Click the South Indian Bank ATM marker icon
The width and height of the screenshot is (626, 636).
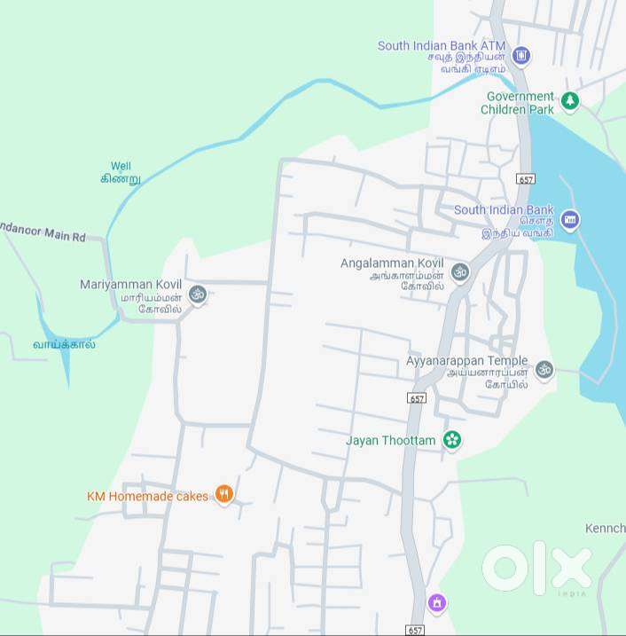click(521, 56)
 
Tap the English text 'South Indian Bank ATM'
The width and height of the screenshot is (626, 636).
click(441, 45)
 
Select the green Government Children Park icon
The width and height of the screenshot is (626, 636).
click(570, 102)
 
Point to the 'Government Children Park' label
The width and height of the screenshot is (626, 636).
click(519, 103)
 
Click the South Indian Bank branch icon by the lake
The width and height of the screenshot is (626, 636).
click(569, 220)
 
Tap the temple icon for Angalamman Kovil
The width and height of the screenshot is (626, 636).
click(459, 271)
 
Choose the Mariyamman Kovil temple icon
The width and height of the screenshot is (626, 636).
click(198, 294)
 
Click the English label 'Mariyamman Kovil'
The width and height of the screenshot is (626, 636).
click(130, 284)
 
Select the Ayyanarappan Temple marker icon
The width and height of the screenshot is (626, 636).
click(544, 369)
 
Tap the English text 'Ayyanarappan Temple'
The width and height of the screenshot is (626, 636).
click(466, 361)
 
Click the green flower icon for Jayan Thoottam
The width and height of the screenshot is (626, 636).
click(452, 440)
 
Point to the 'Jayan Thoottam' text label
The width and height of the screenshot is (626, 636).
click(390, 440)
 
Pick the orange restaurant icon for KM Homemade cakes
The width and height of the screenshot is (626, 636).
click(224, 495)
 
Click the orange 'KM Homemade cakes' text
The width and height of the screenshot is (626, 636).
click(147, 496)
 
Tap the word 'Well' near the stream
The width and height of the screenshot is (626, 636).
click(121, 166)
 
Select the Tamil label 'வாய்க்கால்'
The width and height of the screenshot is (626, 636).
click(64, 344)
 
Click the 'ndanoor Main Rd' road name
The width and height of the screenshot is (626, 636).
click(43, 237)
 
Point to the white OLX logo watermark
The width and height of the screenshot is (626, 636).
click(536, 569)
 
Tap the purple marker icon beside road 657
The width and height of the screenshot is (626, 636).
click(435, 603)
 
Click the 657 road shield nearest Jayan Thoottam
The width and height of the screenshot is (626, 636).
click(417, 397)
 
